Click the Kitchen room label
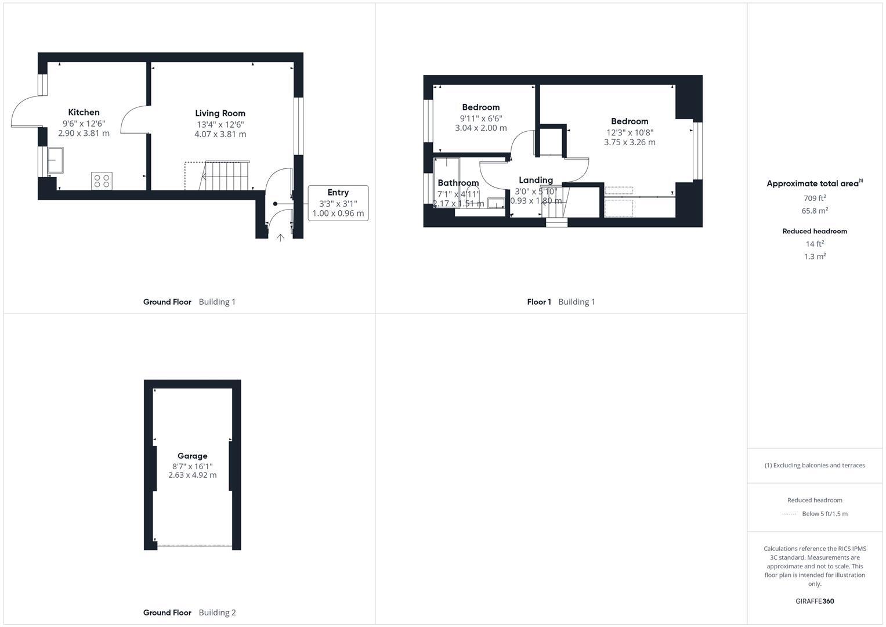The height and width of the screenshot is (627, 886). click(84, 112)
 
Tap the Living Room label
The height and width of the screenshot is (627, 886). click(220, 113)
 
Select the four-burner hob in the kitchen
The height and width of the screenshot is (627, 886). click(102, 181)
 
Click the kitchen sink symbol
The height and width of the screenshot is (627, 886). click(56, 160)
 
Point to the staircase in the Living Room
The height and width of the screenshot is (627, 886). click(225, 175)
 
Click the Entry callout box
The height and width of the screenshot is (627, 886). click(338, 203)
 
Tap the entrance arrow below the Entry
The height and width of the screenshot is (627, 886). click(280, 237)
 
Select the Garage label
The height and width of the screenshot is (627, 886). click(192, 456)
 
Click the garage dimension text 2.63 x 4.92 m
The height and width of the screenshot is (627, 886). click(192, 475)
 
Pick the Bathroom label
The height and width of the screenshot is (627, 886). click(458, 183)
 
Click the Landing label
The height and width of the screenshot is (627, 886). click(536, 180)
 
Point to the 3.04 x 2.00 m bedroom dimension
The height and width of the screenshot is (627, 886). click(480, 128)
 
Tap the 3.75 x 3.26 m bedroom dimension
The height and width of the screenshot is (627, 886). click(630, 142)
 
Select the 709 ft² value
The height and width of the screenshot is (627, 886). click(815, 198)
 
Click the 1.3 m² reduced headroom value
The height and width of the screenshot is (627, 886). click(815, 256)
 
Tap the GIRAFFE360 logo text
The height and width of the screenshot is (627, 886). click(815, 601)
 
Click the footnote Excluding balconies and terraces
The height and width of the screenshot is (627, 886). click(815, 465)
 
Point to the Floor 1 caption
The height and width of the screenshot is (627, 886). click(538, 302)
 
